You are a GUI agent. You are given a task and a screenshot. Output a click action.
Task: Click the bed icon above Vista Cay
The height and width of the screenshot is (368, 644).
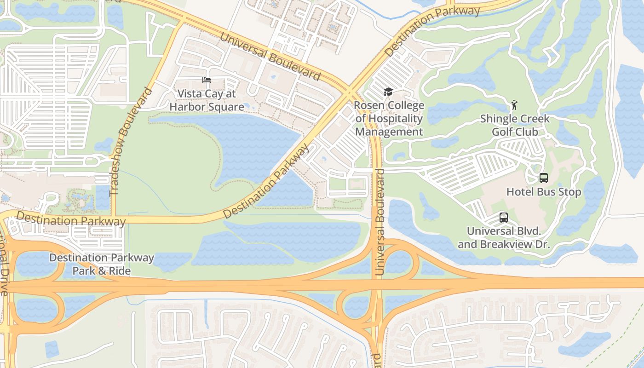click(207, 80)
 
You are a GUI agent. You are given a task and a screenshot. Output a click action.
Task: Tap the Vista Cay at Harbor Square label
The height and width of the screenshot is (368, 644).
click(207, 100)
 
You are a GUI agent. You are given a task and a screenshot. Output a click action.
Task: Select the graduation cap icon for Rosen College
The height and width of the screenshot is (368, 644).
click(389, 92)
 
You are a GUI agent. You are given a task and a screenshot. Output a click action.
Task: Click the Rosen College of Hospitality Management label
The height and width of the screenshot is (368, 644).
click(389, 119)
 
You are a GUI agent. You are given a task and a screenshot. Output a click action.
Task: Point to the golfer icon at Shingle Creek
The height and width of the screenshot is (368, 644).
click(514, 105)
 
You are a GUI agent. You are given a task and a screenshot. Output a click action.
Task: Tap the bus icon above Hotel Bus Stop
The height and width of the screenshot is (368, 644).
click(544, 178)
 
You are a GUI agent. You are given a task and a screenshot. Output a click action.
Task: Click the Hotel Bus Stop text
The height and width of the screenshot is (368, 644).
click(544, 192)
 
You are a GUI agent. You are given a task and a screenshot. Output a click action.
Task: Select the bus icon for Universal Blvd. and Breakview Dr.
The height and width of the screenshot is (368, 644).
click(504, 217)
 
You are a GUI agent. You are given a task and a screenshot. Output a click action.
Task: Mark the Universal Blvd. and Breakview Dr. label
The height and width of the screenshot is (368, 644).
click(504, 237)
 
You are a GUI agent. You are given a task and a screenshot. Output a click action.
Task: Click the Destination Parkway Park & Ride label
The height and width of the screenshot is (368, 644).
click(101, 264)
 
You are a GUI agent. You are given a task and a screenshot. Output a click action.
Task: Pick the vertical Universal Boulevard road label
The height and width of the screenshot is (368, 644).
click(379, 222)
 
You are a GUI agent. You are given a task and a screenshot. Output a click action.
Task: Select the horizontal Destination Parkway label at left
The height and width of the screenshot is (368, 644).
click(70, 219)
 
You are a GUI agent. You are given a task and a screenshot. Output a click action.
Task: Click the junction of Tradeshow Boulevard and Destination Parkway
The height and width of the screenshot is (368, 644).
click(114, 219)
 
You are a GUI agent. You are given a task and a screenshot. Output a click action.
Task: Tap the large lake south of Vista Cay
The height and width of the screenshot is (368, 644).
click(251, 143)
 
